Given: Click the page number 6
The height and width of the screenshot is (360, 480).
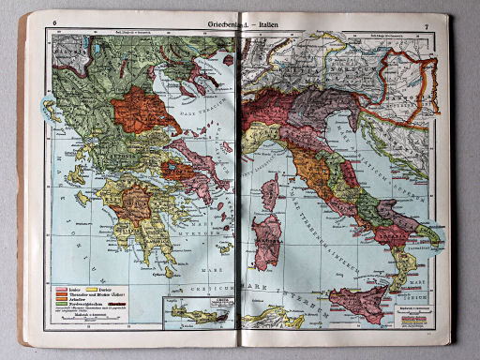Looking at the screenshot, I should [x=55, y=22].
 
